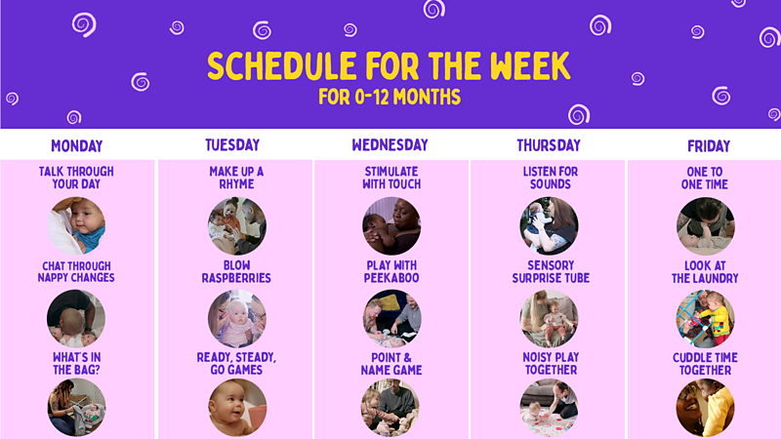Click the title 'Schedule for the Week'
point(389,66)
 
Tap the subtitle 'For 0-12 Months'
point(389,98)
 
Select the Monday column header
point(76,146)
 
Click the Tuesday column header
point(232,145)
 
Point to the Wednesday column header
point(390,145)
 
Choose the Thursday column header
point(549,145)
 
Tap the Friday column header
point(708,146)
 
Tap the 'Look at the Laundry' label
point(705,271)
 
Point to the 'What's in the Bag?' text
point(76,364)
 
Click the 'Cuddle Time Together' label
point(705,364)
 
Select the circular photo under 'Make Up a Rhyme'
point(236,225)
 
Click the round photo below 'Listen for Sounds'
point(549,225)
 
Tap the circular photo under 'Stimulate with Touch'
point(391,225)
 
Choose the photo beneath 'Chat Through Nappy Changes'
point(76,318)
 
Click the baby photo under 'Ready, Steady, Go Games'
point(236,408)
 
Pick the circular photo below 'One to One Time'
point(705,225)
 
